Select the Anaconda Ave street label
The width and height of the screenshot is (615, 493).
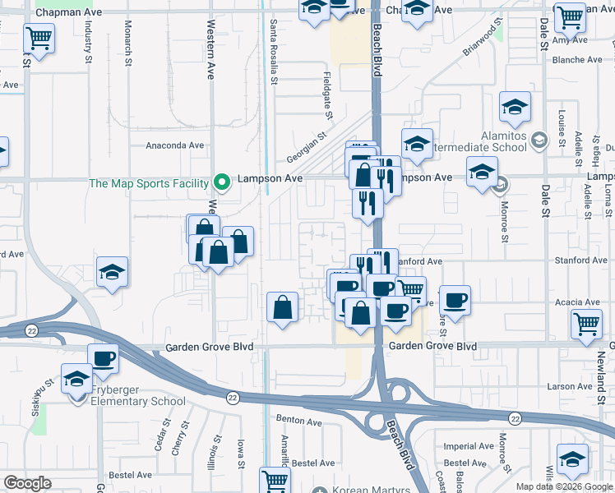coord(174,145)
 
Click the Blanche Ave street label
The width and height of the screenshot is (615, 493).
coord(577,60)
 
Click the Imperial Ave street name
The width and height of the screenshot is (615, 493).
coord(469,447)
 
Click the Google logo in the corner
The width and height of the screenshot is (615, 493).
coord(27,483)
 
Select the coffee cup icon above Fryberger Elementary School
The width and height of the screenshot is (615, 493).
coord(103,358)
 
